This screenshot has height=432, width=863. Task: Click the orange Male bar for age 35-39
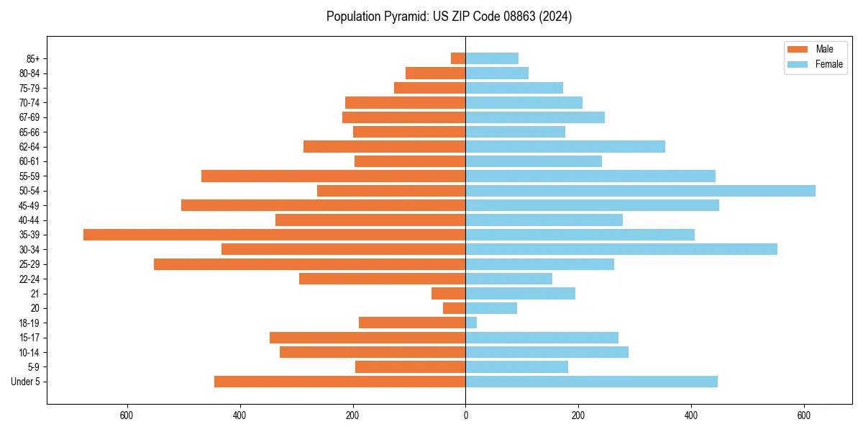click(x=274, y=235)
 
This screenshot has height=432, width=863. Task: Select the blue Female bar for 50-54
click(x=640, y=191)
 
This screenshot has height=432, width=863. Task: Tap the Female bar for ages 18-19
click(x=471, y=323)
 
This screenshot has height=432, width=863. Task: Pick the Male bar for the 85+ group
click(x=458, y=58)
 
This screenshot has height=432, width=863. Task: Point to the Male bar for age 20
click(x=454, y=308)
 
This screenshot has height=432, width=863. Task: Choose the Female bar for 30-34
click(x=621, y=249)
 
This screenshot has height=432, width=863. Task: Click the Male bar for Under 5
click(x=339, y=382)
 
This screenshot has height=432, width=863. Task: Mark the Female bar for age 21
click(x=520, y=293)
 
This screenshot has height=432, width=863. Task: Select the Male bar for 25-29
click(x=309, y=264)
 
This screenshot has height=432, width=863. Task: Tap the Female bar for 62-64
click(x=565, y=147)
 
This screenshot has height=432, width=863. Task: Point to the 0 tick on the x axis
click(x=465, y=415)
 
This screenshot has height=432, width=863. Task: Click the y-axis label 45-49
click(x=29, y=205)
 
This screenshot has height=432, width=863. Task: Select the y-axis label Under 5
click(x=26, y=382)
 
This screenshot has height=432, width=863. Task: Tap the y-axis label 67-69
click(x=29, y=117)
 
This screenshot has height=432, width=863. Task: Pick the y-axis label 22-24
click(x=29, y=279)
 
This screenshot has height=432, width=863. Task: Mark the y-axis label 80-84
click(x=29, y=73)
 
